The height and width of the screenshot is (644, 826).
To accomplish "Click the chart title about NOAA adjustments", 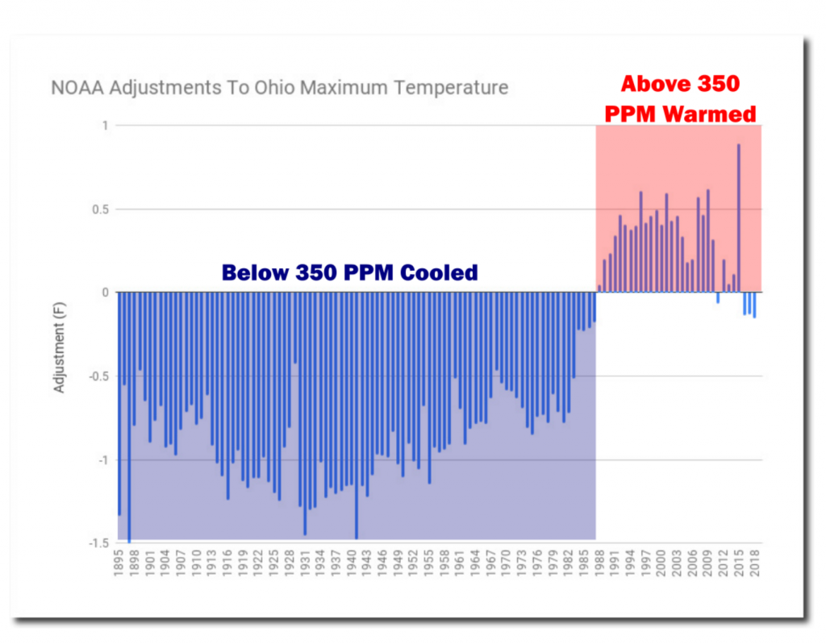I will pos(280,88).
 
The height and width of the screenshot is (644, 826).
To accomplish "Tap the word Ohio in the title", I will pos(273,88).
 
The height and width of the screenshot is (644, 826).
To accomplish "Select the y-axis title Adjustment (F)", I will pos(59,347).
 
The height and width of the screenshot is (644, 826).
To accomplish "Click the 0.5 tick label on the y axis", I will pos(99,210).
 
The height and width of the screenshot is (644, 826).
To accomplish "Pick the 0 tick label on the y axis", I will pos(106,293).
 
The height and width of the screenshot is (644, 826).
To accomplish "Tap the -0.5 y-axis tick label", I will pos(97,376).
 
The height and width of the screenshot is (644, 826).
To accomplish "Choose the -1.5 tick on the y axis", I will pos(97,543).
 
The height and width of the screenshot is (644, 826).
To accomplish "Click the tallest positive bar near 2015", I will pos(738,218).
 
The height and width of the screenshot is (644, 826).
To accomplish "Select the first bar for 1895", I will pos(119,403).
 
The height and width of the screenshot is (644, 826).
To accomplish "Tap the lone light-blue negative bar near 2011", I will pos(718,297).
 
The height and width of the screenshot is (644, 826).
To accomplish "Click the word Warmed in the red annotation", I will pos(710,114).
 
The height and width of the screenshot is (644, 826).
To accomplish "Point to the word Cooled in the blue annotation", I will pos(442,272).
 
